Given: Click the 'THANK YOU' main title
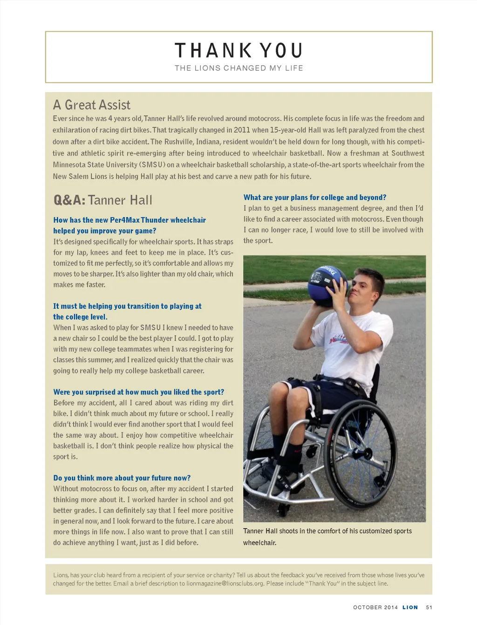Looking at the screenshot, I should click(238, 50).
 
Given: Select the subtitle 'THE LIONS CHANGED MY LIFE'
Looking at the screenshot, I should click(238, 68).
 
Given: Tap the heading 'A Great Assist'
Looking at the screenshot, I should click(92, 105).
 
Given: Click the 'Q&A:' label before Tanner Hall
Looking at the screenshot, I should click(69, 200).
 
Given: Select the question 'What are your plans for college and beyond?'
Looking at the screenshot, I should click(315, 197).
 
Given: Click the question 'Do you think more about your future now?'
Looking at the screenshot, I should click(122, 478).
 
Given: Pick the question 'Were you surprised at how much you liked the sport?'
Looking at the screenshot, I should click(138, 392).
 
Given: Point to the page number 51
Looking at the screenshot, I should click(429, 607).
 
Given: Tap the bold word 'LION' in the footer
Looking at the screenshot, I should click(410, 607).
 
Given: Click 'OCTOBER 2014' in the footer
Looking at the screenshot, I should click(375, 607).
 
